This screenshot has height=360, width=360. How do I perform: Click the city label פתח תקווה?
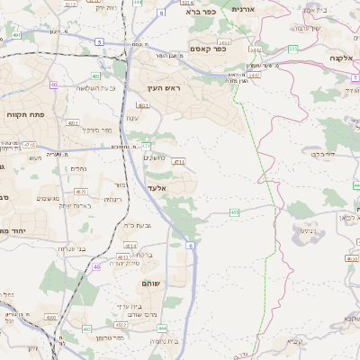pyautogui.click(x=22, y=115)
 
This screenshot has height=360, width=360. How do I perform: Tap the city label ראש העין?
pyautogui.click(x=166, y=88)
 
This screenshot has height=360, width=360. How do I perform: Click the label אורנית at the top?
pyautogui.click(x=244, y=8)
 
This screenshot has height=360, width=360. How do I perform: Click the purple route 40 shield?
pyautogui.click(x=54, y=85)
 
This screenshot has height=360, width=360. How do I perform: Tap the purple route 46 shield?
pyautogui.click(x=97, y=266)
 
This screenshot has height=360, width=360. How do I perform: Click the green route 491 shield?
pyautogui.click(x=146, y=145)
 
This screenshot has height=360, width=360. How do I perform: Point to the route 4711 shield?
pyautogui.click(x=178, y=162)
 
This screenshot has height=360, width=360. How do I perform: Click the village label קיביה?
pyautogui.click(x=296, y=342)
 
